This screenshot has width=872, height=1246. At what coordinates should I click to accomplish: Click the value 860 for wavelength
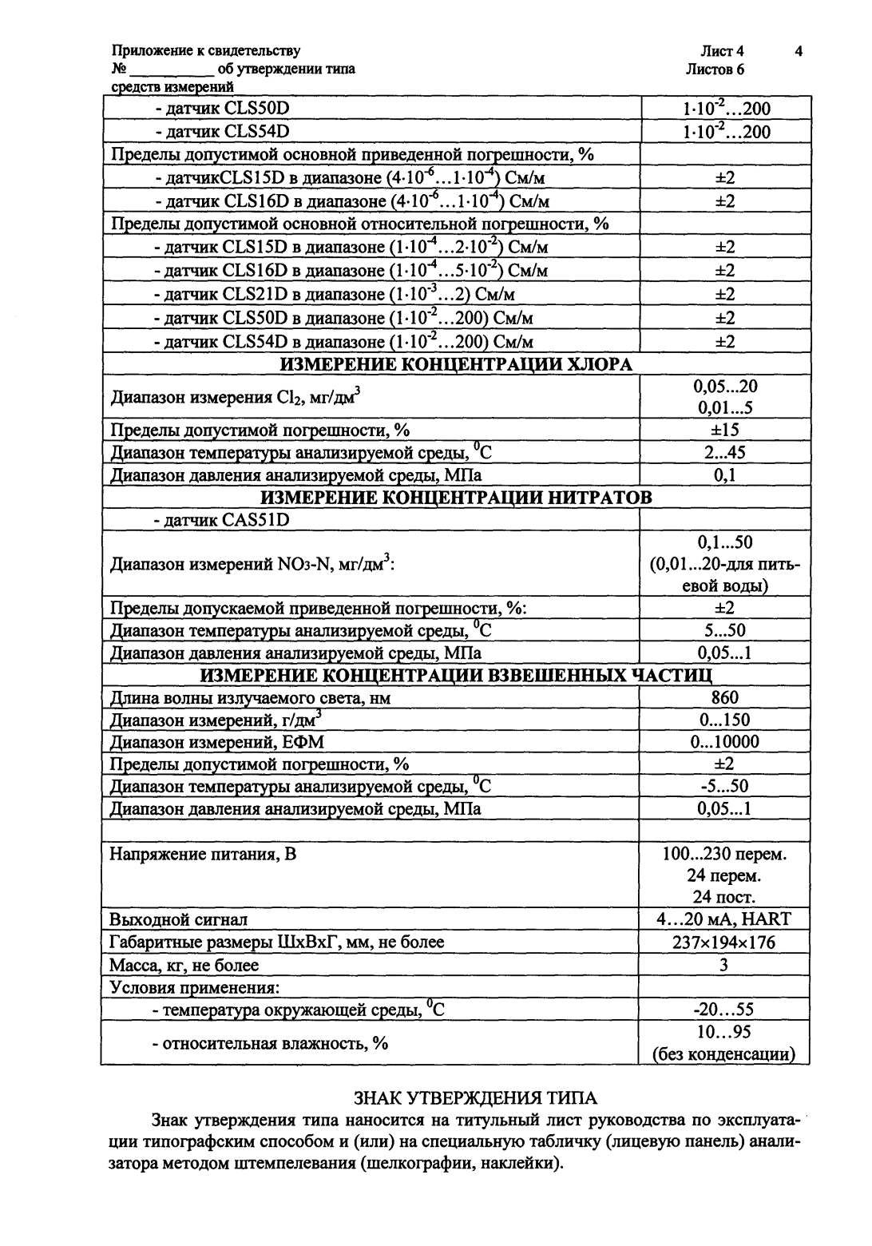pos(724,697)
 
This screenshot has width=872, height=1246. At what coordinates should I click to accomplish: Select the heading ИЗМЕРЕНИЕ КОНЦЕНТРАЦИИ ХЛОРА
pos(456,365)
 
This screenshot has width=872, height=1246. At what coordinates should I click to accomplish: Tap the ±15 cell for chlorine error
pos(724,431)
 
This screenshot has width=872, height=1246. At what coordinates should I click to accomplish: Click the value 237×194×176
pos(724,942)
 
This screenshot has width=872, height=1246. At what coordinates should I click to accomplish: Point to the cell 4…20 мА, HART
pos(724,919)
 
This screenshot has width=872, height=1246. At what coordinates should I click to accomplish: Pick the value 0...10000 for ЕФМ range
pos(724,742)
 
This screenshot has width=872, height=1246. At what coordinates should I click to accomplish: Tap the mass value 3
pos(724,965)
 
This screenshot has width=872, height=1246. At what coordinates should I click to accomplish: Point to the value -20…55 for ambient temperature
pos(724,1010)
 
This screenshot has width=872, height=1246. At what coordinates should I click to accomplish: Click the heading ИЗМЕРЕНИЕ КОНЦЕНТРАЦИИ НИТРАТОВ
pos(456,498)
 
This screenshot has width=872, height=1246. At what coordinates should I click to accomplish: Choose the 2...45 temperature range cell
pos(724,453)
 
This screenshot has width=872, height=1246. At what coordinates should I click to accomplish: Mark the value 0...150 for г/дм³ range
pos(724,720)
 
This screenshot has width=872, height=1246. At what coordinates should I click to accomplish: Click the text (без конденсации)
pos(724,1054)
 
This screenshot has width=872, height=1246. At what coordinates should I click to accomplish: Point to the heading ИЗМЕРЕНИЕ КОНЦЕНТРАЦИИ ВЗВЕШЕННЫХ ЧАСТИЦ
pos(456,676)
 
